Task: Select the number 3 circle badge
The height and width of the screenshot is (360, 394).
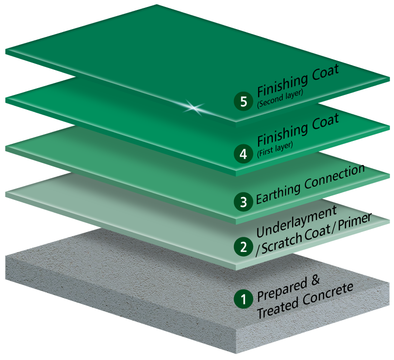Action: tap(243, 201)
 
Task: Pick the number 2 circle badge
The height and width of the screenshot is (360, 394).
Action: tap(243, 246)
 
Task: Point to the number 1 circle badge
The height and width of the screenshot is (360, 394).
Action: tap(243, 298)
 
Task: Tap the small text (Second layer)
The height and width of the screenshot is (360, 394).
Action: tap(280, 93)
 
